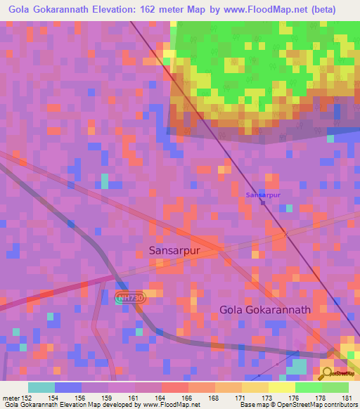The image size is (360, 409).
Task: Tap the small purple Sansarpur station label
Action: pos(263,194)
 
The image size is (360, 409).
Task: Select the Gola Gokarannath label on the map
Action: pos(264,309)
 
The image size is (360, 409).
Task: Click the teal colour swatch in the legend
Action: pos(41,387)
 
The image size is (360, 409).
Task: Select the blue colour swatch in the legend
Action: pos(67,387)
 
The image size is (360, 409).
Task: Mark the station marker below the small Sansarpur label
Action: pos(263,203)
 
